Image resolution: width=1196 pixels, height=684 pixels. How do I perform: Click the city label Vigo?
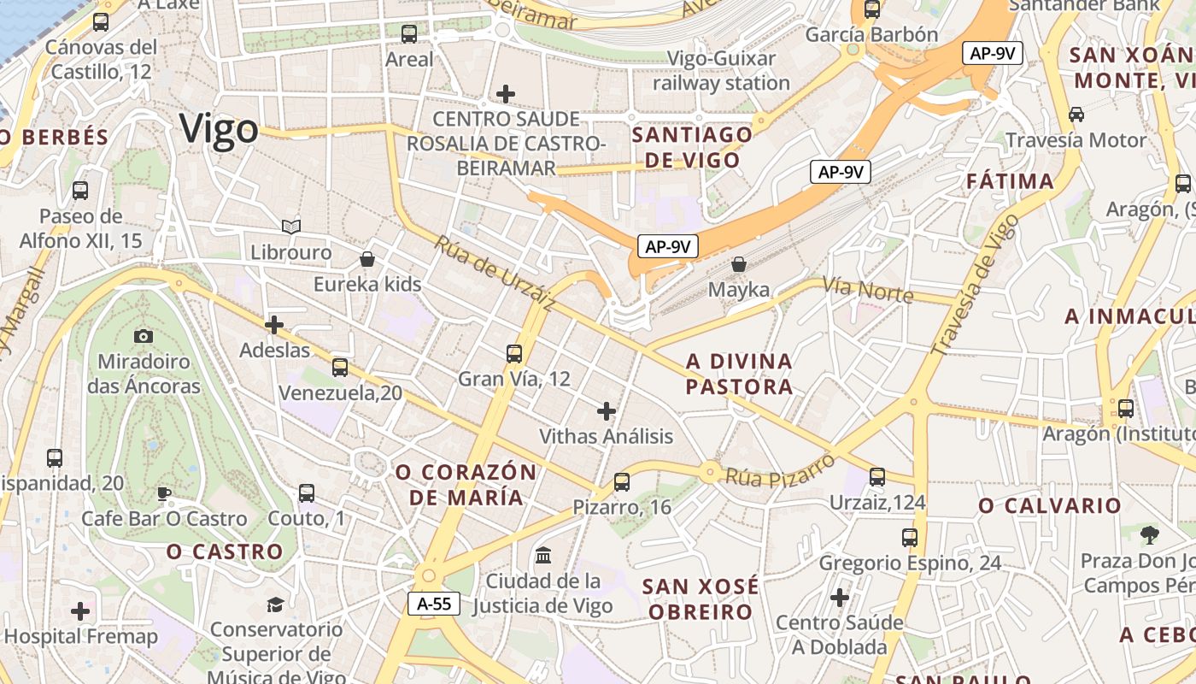pyautogui.click(x=219, y=130)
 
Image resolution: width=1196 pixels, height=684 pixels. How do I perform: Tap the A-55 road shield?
pyautogui.click(x=434, y=604)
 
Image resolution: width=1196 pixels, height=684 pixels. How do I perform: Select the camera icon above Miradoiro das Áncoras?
pyautogui.click(x=144, y=336)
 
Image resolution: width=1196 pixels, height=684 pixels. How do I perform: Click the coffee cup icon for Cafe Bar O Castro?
pyautogui.click(x=164, y=493)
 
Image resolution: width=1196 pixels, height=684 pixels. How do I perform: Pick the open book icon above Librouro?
pyautogui.click(x=291, y=227)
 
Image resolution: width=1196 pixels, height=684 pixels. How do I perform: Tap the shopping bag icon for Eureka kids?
pyautogui.click(x=367, y=258)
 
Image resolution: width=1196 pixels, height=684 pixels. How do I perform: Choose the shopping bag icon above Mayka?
pyautogui.click(x=739, y=264)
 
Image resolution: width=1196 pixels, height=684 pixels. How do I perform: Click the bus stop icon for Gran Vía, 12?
pyautogui.click(x=514, y=353)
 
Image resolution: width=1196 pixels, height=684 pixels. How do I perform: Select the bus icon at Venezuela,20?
pyautogui.click(x=340, y=368)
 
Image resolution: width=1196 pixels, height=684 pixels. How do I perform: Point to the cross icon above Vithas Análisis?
pyautogui.click(x=607, y=411)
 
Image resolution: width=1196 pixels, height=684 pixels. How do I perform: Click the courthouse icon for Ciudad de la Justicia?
pyautogui.click(x=542, y=556)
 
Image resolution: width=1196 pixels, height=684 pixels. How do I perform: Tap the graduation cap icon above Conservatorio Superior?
pyautogui.click(x=275, y=604)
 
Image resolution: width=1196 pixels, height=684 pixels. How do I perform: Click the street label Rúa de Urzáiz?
pyautogui.click(x=495, y=273)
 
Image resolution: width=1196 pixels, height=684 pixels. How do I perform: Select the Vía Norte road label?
pyautogui.click(x=868, y=290)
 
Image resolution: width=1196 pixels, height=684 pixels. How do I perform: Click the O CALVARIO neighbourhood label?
pyautogui.click(x=1050, y=505)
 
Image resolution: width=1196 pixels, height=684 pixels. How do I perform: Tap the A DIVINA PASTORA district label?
pyautogui.click(x=739, y=374)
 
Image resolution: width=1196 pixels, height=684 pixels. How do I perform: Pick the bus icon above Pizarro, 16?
pyautogui.click(x=622, y=482)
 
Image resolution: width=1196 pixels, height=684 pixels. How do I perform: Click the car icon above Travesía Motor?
pyautogui.click(x=1076, y=115)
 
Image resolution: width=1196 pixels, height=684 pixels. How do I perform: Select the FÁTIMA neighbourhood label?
pyautogui.click(x=1011, y=181)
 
